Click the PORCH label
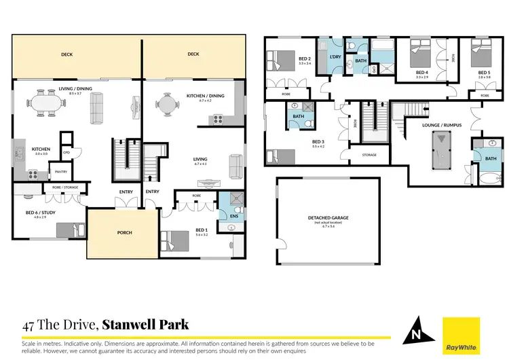124,232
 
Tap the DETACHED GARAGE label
328,219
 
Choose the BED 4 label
421,72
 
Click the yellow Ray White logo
461,335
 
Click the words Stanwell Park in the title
145,325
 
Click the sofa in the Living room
235,165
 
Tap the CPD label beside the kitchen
67,152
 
